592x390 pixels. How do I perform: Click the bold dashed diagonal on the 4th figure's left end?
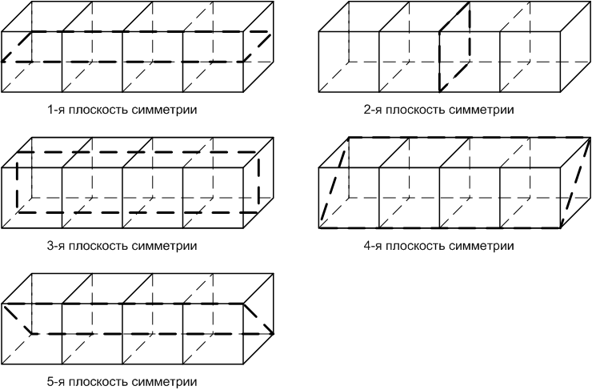(x=334, y=183)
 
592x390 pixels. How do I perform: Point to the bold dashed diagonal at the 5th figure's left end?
(x=18, y=318)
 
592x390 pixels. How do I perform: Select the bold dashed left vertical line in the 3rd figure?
(x=17, y=181)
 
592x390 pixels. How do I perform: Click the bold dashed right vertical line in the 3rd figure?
(x=258, y=181)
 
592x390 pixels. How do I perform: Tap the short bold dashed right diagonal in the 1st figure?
(x=258, y=46)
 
